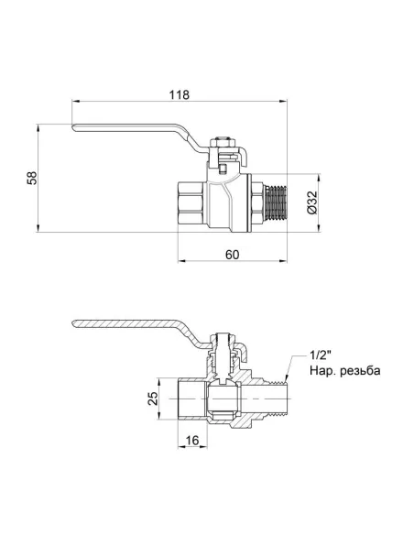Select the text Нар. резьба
click(342, 372)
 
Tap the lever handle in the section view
click(137, 325)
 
